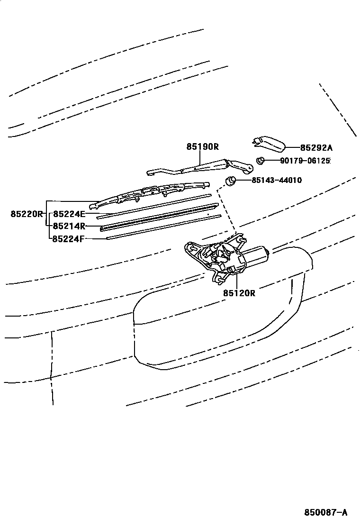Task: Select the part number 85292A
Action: [x=316, y=147]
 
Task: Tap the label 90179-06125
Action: [x=305, y=161]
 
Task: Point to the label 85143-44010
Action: [x=277, y=180]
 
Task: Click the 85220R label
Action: [x=27, y=214]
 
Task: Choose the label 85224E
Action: [x=69, y=214]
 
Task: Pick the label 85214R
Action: [x=69, y=226]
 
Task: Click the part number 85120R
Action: [x=239, y=293]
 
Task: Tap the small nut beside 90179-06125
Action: [x=260, y=161]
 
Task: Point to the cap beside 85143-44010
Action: [x=231, y=181]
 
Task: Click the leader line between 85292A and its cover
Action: [x=293, y=147]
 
